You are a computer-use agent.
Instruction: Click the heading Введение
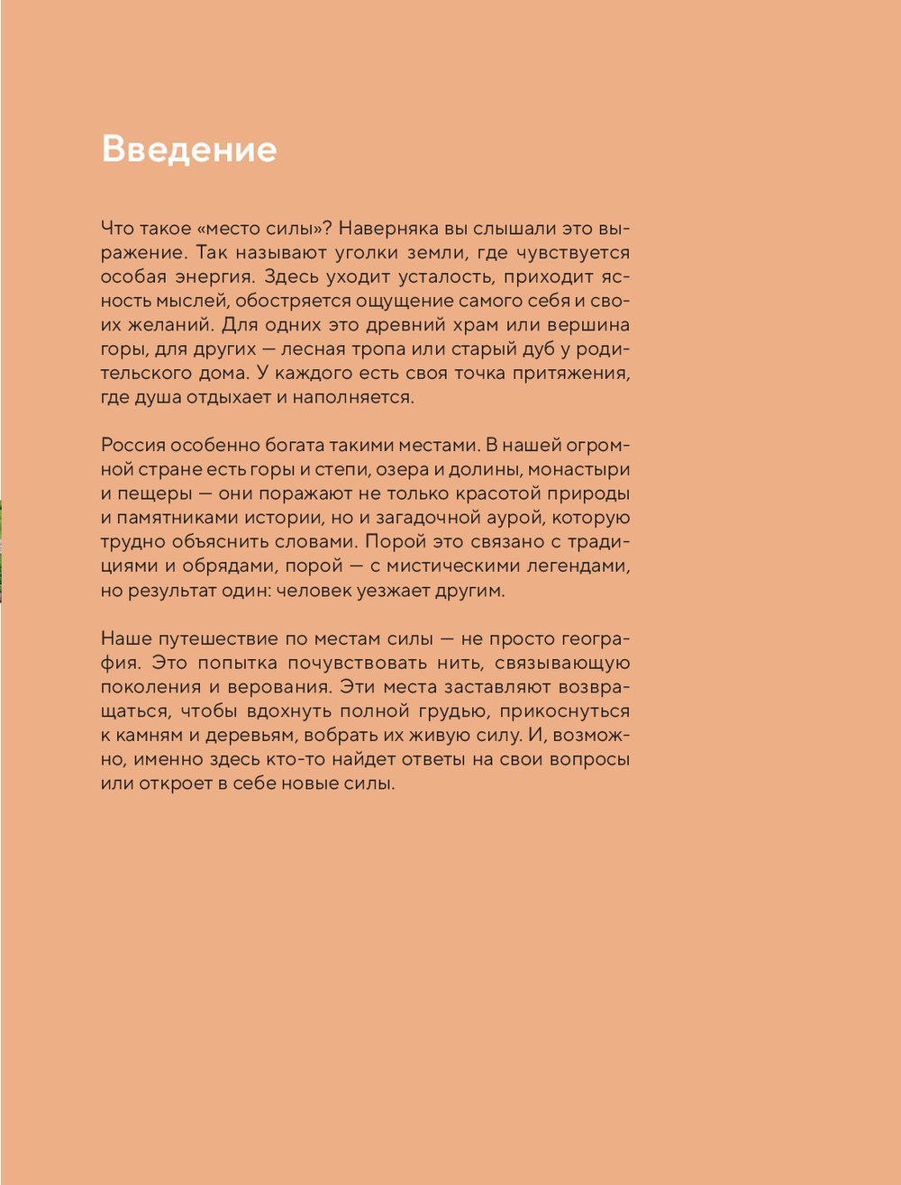pos(188,149)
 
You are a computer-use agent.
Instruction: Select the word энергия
pos(215,276)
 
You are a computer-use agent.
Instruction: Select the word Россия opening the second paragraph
pos(134,445)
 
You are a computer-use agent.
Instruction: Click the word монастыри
pos(578,469)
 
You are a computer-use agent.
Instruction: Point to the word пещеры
pos(153,493)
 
